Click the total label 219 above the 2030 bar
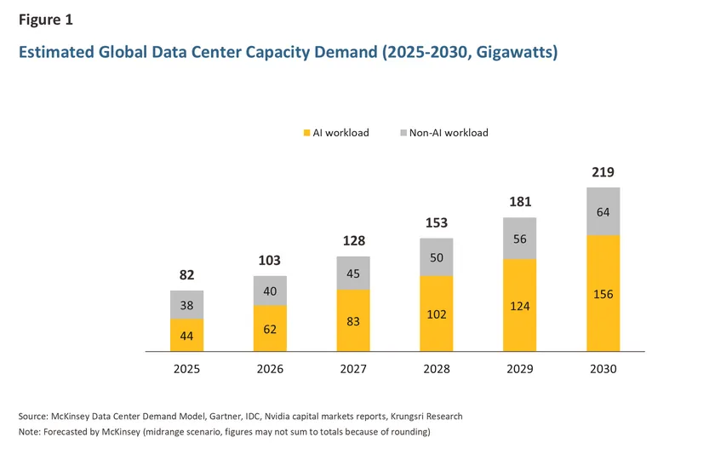click(x=603, y=173)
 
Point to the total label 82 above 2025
click(x=186, y=276)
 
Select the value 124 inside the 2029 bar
click(x=519, y=304)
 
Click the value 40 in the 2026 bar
click(x=270, y=291)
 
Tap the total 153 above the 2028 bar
click(x=436, y=223)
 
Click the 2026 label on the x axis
click(x=270, y=369)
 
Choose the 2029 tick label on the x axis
click(x=519, y=369)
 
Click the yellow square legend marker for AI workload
click(x=306, y=133)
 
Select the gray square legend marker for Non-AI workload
click(x=403, y=133)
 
